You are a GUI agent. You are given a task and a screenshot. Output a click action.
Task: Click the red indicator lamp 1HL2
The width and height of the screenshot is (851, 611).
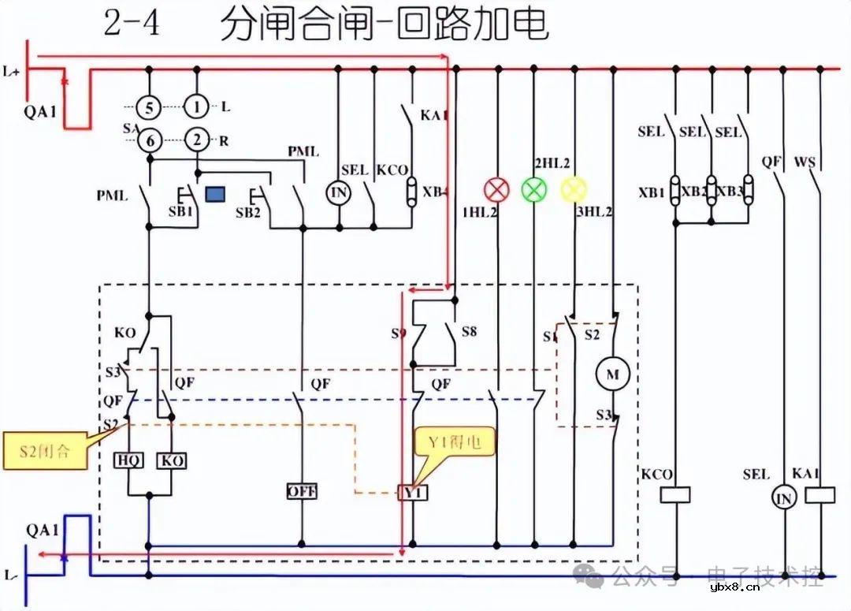point(496,189)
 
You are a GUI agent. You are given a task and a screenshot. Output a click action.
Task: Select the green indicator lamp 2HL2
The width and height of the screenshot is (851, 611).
point(534,189)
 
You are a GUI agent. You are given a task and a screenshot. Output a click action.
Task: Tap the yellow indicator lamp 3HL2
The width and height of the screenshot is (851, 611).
point(574,189)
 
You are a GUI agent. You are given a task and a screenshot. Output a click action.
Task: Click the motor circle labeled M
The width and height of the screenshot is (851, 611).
point(612,374)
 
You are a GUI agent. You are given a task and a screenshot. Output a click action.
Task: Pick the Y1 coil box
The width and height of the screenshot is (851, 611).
point(412,492)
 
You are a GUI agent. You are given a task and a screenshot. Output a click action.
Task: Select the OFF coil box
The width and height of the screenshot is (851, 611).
point(302,491)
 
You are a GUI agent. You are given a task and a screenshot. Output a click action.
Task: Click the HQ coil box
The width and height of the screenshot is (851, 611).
point(128,460)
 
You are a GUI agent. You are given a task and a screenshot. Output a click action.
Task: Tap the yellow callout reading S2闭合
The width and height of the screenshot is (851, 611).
point(45,452)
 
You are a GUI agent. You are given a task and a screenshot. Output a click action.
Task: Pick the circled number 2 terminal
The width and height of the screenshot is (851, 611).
point(197,141)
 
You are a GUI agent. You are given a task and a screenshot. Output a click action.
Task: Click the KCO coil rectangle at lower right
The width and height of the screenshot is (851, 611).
point(674,494)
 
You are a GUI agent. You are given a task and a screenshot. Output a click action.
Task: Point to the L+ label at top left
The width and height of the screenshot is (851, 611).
point(12,73)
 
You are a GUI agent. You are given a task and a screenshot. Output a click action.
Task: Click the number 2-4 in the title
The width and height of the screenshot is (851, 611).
point(132,24)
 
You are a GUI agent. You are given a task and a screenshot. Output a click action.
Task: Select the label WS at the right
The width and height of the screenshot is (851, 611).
point(805,162)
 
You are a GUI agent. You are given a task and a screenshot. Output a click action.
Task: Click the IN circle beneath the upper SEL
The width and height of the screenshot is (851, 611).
point(338,193)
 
